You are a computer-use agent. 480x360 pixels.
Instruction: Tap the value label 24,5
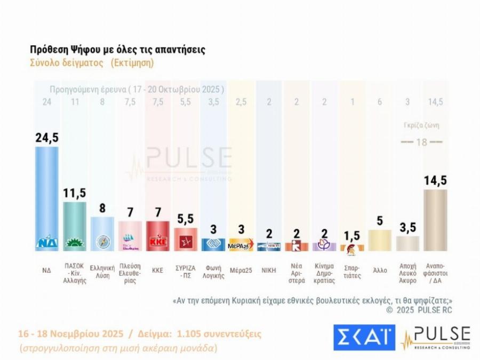(46, 138)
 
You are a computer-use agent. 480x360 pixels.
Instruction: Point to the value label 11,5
(75, 193)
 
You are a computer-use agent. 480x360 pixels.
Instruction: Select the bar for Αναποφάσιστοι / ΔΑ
(435, 220)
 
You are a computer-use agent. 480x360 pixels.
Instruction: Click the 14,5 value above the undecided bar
(435, 181)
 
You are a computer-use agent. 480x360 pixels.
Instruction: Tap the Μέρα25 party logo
(241, 245)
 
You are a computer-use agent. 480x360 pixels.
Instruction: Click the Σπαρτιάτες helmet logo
(352, 246)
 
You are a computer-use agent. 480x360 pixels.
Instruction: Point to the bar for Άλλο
(380, 240)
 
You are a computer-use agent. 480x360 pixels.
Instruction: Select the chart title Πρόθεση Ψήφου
(117, 50)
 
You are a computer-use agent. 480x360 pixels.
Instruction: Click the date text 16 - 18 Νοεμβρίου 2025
(69, 334)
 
